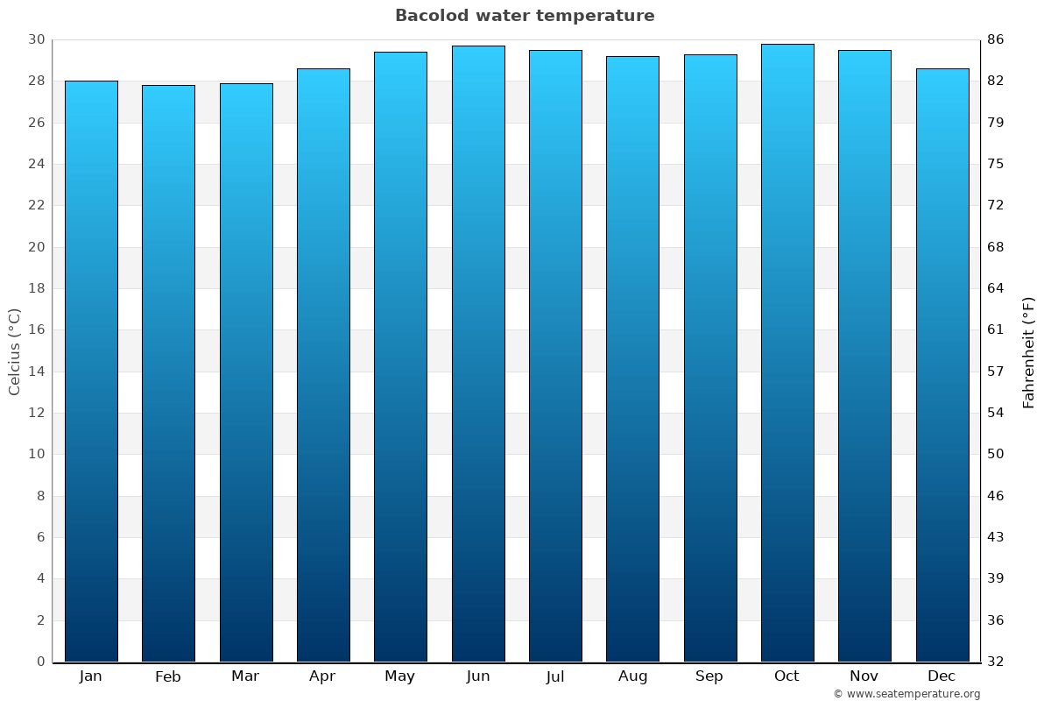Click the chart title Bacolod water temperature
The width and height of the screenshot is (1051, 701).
point(525,16)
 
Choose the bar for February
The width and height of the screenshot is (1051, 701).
point(168,373)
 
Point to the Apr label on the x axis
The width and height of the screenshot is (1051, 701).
point(322,676)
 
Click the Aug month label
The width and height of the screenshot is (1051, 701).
point(632,676)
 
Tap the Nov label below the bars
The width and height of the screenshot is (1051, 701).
point(864,676)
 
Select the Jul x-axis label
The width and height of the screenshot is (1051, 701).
point(555,676)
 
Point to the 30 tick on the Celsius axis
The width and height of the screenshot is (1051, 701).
point(36,39)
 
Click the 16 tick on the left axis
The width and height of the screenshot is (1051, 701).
point(36,330)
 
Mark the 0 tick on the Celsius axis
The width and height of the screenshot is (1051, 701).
point(40,662)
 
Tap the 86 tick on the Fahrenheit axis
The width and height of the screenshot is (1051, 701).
point(996,39)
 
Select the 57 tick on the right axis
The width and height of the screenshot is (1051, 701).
point(996,372)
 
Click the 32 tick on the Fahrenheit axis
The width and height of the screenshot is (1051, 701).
point(996,662)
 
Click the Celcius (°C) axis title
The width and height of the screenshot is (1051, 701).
point(15,351)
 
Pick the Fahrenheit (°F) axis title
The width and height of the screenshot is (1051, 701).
point(1029,351)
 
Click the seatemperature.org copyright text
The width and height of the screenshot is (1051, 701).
point(906,694)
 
